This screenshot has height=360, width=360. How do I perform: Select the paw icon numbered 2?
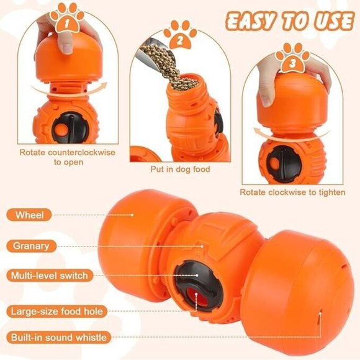point(181,38)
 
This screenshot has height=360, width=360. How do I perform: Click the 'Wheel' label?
point(30,215)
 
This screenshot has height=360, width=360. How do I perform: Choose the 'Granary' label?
point(31,246)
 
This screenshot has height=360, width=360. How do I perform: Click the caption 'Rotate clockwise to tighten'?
point(292,192)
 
